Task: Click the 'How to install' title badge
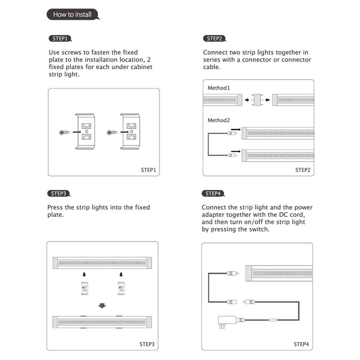72,14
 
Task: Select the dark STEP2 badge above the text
214,39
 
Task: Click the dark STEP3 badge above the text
59,194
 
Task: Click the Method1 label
219,88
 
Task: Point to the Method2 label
219,120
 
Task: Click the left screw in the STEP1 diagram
64,132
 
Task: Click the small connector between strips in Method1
257,99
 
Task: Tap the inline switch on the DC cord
272,320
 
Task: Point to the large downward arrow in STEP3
102,306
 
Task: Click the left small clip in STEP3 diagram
84,288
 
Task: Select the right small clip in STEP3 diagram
121,288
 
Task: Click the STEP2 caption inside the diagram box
302,170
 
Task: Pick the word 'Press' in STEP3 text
56,207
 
